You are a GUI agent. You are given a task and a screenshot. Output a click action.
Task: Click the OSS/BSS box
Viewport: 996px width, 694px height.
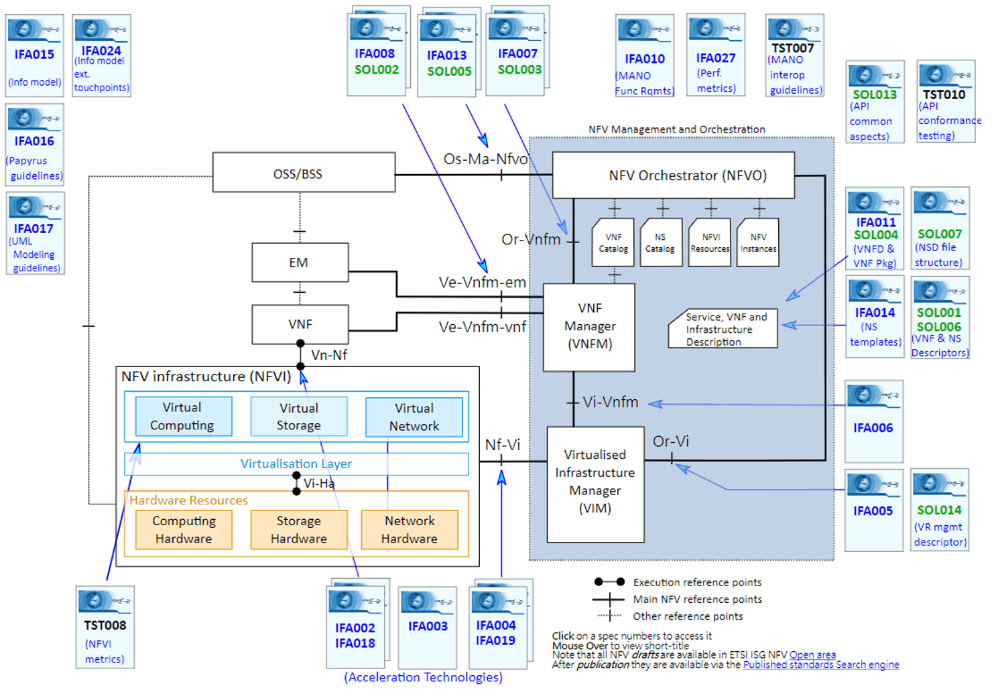[304, 173]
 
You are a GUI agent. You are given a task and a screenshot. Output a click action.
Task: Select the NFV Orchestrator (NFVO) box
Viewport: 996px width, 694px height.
[673, 175]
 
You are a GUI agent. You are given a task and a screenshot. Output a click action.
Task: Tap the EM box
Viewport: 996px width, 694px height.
[300, 263]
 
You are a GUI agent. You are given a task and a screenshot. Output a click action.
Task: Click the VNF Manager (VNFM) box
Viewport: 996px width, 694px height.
[589, 327]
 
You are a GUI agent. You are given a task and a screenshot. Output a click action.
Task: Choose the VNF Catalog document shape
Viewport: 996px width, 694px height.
[613, 242]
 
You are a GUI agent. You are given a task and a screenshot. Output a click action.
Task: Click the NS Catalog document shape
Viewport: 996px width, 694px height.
[660, 242]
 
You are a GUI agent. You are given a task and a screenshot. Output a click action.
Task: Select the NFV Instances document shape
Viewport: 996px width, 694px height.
[758, 242]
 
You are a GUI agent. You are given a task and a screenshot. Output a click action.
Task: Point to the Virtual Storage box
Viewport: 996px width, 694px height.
[299, 417]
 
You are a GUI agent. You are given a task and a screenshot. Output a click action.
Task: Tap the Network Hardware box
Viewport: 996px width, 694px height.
[410, 530]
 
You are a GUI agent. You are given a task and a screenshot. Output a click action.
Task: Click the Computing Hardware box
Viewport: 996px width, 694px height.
[184, 530]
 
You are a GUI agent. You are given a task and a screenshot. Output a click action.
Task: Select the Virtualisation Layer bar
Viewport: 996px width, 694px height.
[296, 464]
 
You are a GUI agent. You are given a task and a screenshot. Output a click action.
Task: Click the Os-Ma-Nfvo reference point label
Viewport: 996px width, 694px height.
[485, 159]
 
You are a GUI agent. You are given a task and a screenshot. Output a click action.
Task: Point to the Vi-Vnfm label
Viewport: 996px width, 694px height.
[610, 402]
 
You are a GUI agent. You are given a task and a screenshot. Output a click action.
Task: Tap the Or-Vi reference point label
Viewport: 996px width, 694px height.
[671, 441]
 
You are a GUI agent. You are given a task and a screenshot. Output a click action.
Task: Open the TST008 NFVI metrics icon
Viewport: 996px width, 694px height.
[105, 626]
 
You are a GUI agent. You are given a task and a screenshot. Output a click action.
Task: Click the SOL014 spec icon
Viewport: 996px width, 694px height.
[940, 509]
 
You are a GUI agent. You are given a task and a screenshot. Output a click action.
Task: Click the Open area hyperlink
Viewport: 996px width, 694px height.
[812, 655]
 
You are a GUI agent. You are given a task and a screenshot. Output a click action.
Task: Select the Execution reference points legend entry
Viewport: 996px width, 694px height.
[697, 582]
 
